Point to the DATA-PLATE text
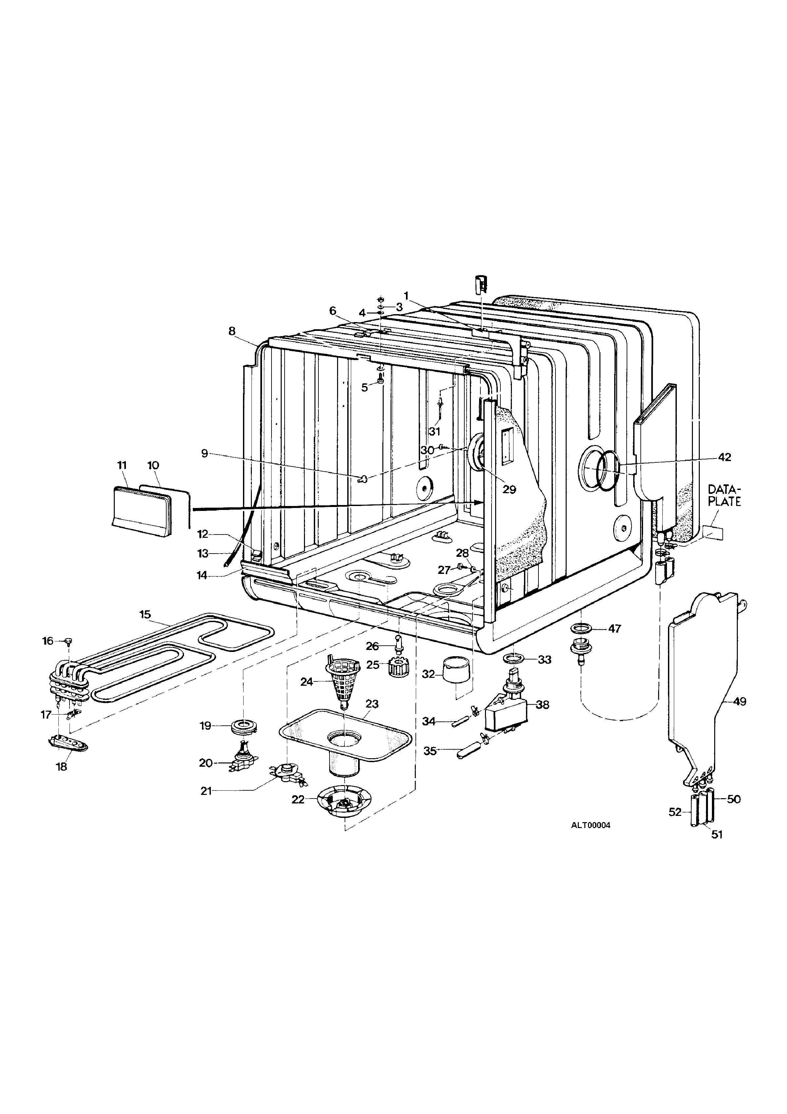click(x=724, y=495)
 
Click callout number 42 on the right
click(x=724, y=457)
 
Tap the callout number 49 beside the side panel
click(x=739, y=701)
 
